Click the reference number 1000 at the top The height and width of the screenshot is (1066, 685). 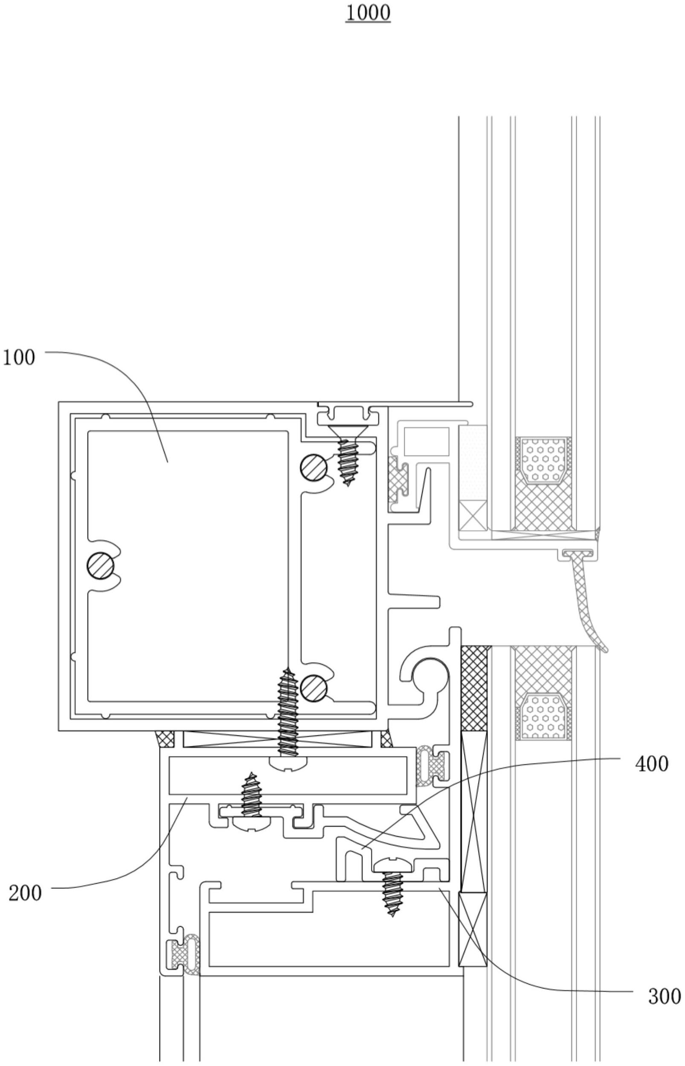tap(368, 13)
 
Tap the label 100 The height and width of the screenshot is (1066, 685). tap(19, 357)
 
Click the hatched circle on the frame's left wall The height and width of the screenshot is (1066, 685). tap(101, 566)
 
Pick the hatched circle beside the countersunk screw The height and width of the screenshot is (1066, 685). tap(314, 467)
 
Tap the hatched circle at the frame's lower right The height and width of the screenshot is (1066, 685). tap(314, 689)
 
